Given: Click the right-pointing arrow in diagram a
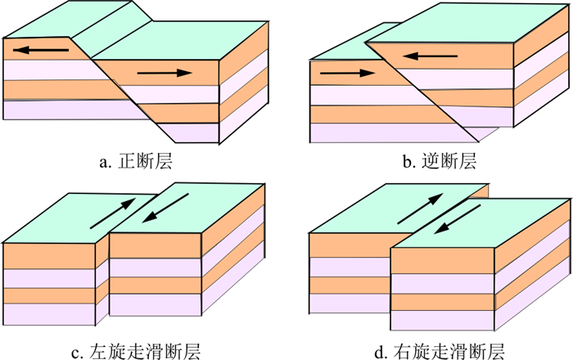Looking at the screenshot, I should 165,74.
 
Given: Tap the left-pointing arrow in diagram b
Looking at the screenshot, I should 430,56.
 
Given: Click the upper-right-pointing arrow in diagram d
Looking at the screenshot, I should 419,209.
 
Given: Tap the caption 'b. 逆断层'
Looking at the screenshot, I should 439,161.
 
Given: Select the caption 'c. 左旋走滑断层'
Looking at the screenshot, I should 134,353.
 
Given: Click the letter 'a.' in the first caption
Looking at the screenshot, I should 105,162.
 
